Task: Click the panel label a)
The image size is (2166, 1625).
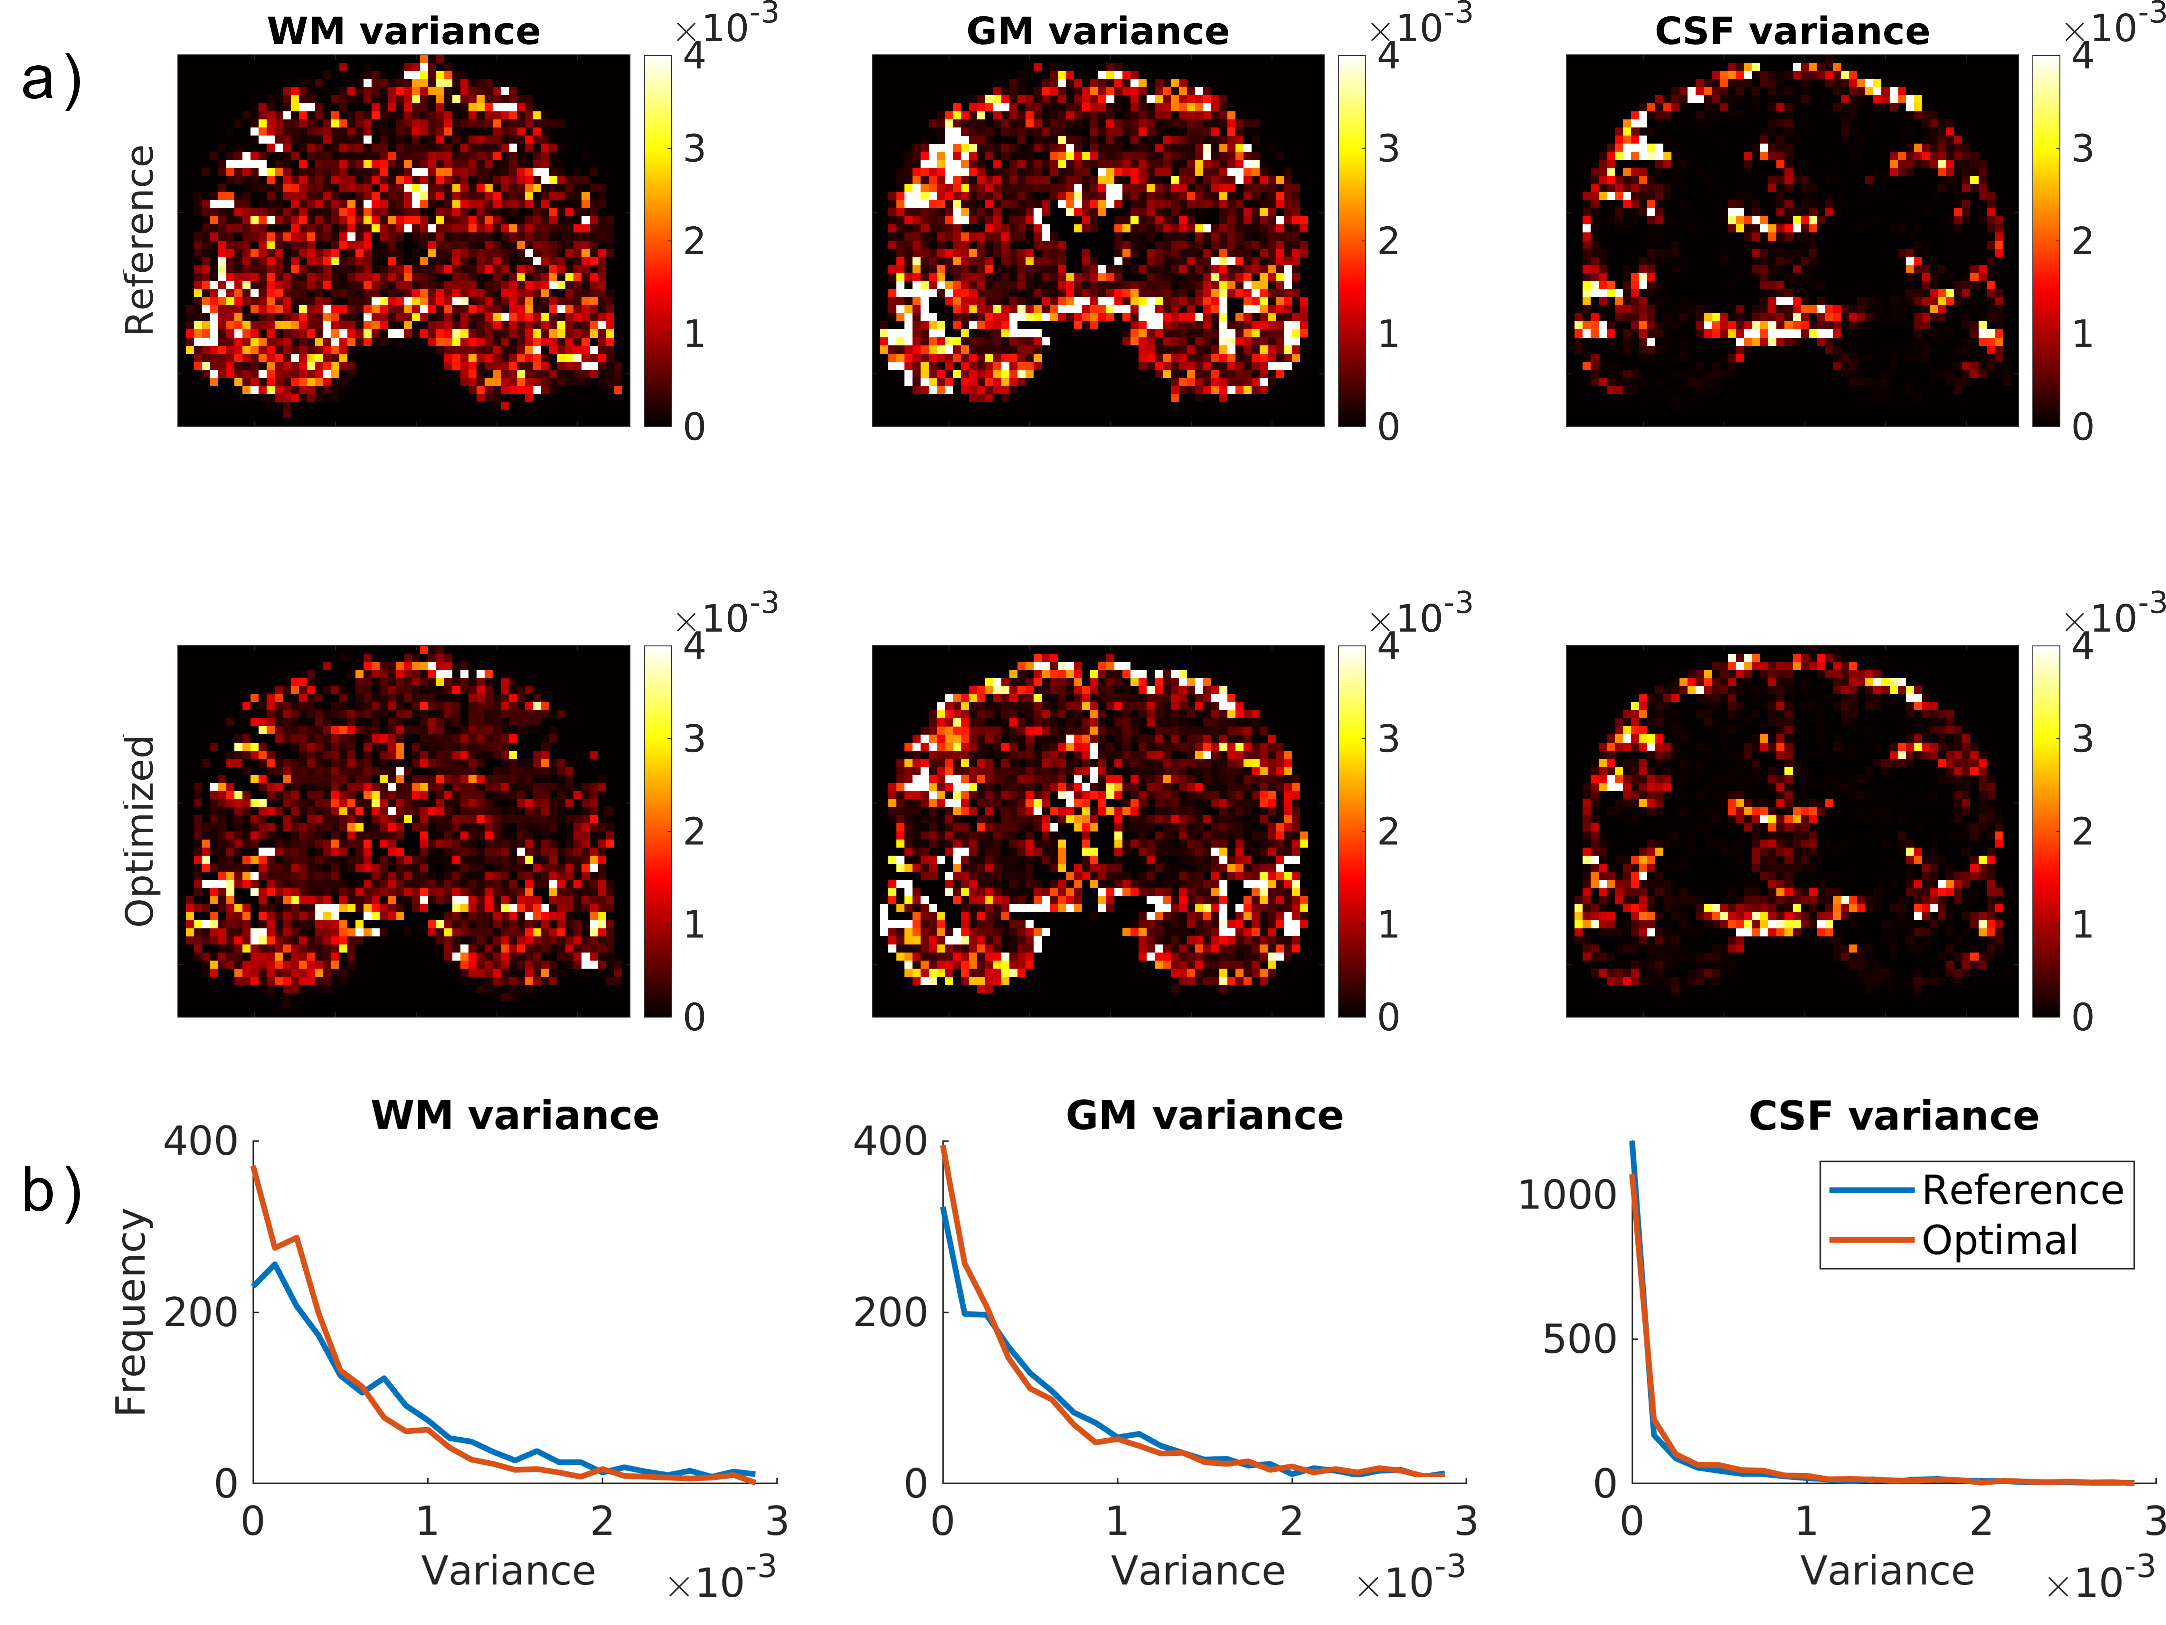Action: click(x=51, y=80)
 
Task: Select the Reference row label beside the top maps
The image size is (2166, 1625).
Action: click(x=140, y=240)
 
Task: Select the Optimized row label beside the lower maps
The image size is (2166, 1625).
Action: click(x=140, y=830)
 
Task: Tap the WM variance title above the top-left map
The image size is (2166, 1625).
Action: click(x=403, y=31)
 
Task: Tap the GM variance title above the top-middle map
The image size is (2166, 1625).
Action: click(x=1098, y=31)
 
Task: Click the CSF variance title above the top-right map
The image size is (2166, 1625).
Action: click(x=1792, y=31)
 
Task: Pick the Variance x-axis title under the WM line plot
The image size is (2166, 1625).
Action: click(x=508, y=1571)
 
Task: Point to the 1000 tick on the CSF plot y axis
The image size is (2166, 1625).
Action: click(x=1567, y=1195)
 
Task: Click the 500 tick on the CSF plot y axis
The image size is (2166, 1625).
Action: click(x=1579, y=1339)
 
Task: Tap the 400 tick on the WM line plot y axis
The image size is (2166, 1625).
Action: click(x=201, y=1141)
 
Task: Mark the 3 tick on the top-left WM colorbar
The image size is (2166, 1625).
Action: click(x=694, y=149)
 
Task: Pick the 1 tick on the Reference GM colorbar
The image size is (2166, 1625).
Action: click(x=1388, y=334)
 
